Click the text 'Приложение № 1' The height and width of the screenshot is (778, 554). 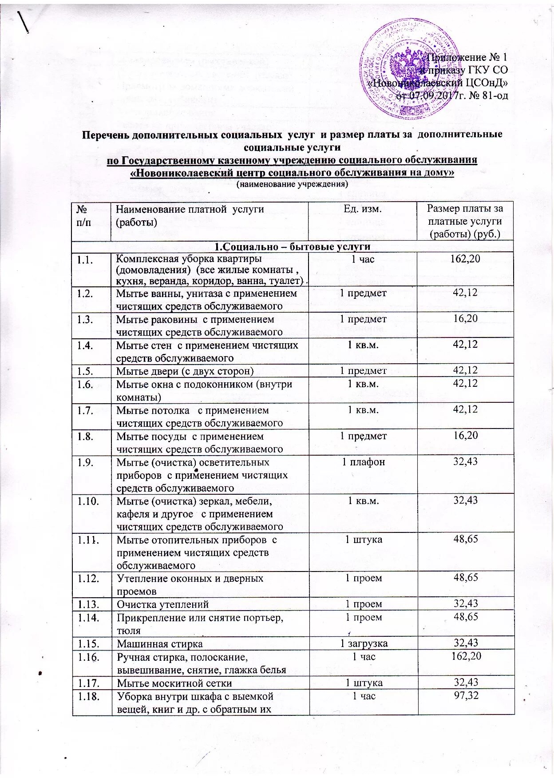[x=467, y=57]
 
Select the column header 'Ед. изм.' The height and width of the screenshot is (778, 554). [x=363, y=209]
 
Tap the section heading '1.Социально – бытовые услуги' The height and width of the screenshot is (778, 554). [x=293, y=246]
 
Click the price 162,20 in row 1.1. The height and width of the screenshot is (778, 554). [x=465, y=259]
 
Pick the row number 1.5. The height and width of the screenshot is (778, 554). [x=85, y=371]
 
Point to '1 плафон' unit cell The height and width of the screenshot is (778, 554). [x=363, y=462]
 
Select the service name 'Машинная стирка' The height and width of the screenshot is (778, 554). [x=159, y=643]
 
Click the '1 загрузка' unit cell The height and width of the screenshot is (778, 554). [x=364, y=643]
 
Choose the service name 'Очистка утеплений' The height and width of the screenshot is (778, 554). [x=162, y=604]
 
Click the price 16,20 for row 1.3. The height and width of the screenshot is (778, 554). [x=465, y=319]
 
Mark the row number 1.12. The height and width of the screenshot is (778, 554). [x=88, y=578]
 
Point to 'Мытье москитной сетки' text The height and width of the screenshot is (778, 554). [x=174, y=683]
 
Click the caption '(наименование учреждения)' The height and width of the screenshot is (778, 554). [x=292, y=184]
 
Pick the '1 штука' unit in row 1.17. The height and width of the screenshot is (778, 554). [x=364, y=683]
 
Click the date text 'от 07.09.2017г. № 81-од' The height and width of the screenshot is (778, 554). [x=452, y=95]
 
